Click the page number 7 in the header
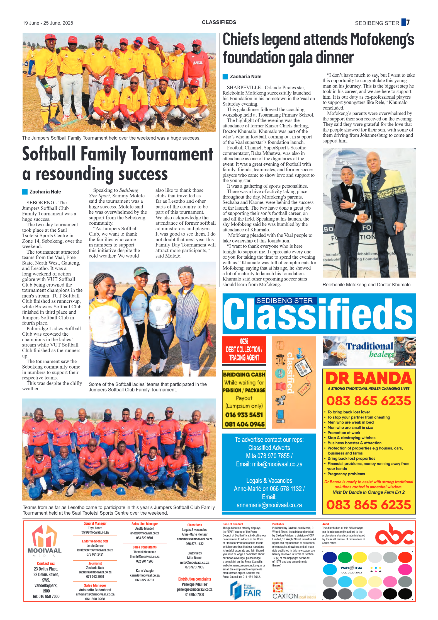(408, 22)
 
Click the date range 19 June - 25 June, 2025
(48, 23)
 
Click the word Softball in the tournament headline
(49, 154)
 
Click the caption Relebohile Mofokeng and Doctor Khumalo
(367, 285)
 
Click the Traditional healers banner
(369, 351)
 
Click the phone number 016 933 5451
(244, 415)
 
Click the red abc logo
(394, 535)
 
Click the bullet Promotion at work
(344, 433)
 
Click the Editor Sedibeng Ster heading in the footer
(95, 541)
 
